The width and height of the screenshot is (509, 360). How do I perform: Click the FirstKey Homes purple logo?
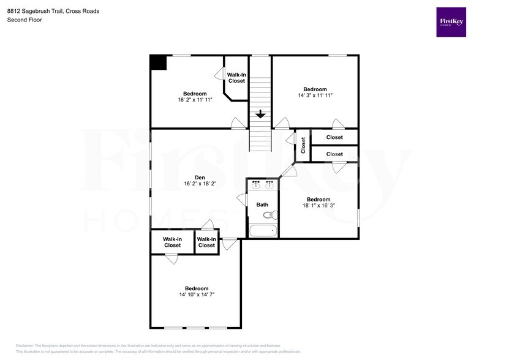coord(451,22)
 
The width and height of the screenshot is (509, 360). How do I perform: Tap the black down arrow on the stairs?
coord(260,114)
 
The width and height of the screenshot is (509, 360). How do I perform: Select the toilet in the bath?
coord(273,215)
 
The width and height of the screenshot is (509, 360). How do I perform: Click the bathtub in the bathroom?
coord(263,231)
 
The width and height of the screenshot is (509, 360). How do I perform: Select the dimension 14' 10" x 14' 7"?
coord(197,294)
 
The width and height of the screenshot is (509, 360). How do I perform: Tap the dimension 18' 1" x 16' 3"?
coord(319,206)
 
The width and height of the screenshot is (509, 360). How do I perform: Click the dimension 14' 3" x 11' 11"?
coord(315,96)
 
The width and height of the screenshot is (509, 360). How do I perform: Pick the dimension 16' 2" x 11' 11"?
coord(195,100)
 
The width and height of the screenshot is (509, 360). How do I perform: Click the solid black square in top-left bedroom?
coord(158,62)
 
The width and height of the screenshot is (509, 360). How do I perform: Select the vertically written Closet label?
coord(303,145)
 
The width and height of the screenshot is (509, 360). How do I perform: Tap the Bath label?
coord(262,205)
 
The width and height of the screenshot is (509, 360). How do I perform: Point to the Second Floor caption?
coord(24,20)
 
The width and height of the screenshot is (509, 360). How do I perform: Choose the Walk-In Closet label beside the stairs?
coord(236,78)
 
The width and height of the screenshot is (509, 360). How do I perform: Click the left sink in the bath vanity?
coord(256,184)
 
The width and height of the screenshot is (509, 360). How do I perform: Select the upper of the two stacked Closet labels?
coord(334,138)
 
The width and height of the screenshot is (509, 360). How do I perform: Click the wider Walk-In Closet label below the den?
coord(172,242)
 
